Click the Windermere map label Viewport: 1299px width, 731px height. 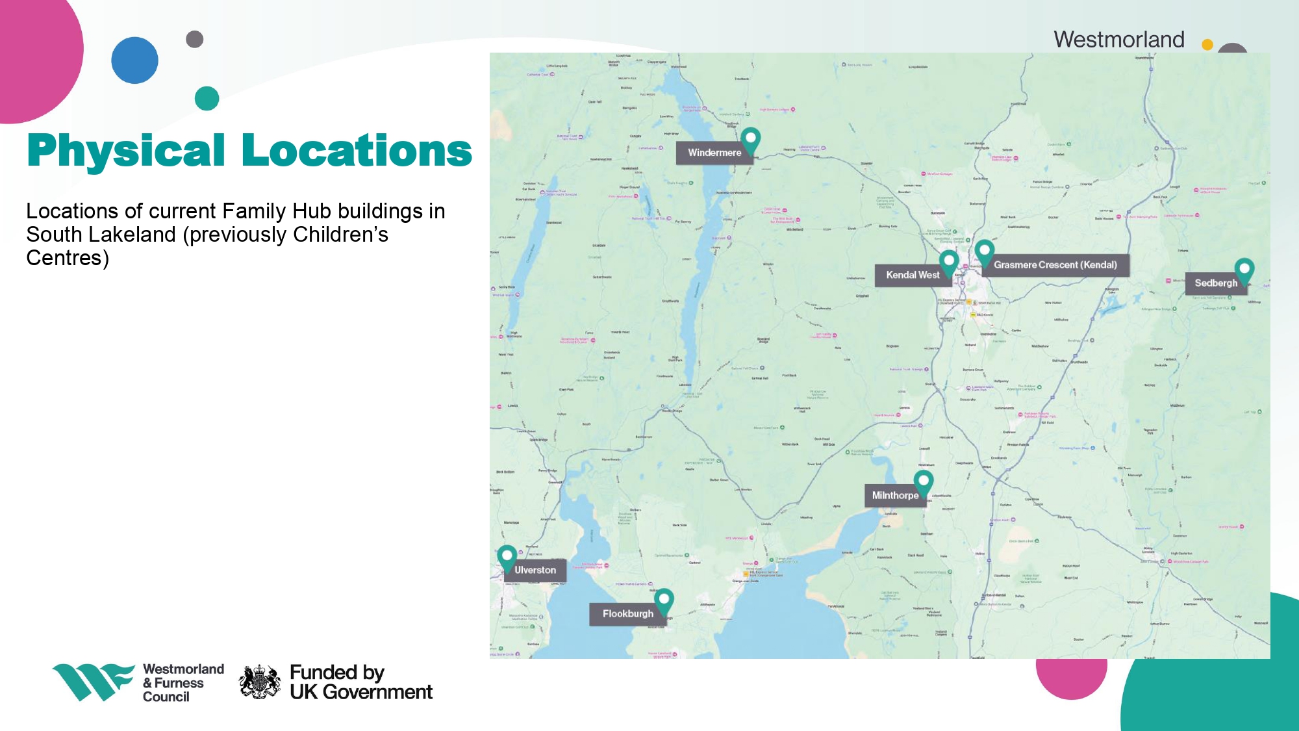(x=714, y=153)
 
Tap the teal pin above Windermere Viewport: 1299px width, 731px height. (x=751, y=139)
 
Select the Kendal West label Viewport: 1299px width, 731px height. (x=913, y=275)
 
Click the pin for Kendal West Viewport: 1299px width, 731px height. (x=949, y=262)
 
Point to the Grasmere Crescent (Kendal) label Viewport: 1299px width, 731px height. (x=1055, y=265)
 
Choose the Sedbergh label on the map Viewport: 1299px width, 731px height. (x=1216, y=283)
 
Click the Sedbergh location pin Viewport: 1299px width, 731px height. (x=1244, y=270)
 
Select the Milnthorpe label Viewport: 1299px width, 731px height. (x=895, y=496)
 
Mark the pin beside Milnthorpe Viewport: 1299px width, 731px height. (x=924, y=482)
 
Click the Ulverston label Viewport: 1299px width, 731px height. (x=535, y=571)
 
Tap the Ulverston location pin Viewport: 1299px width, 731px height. (x=507, y=557)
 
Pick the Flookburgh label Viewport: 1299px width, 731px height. (x=627, y=614)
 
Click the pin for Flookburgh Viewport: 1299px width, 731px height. (x=664, y=600)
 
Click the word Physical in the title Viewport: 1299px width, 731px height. (x=126, y=151)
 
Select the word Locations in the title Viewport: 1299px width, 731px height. (x=357, y=151)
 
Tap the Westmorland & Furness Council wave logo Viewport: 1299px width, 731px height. (x=92, y=682)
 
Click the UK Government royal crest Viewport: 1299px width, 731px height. (x=260, y=682)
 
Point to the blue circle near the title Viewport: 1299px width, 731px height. (x=135, y=60)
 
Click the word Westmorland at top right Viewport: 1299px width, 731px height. (x=1118, y=40)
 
